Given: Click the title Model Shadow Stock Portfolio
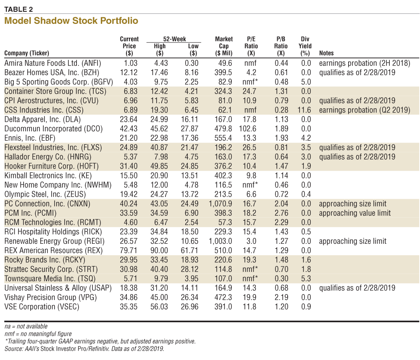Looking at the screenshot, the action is point(71,21).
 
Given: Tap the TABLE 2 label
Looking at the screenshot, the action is point(18,9).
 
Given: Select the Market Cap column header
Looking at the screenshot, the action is point(224,46).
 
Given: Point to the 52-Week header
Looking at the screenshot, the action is point(174,39).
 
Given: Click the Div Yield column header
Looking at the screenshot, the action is point(305,46).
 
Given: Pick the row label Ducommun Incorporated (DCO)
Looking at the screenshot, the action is point(54,129).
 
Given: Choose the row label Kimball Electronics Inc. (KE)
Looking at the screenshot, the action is point(48,175).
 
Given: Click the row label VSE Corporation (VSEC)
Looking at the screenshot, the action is point(42,307).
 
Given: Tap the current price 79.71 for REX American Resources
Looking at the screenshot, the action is point(129,250).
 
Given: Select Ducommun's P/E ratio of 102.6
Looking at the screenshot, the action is point(247,129).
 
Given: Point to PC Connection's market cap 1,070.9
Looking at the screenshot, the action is point(220,203).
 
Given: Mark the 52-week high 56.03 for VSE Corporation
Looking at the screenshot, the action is point(159,307).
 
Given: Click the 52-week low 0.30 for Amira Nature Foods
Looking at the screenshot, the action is point(192,63).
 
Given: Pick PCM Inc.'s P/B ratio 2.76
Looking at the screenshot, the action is point(281,213).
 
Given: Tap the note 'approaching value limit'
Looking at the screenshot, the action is point(354,213).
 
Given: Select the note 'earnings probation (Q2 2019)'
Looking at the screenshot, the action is point(365,110).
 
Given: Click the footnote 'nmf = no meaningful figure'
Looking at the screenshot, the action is point(38,334).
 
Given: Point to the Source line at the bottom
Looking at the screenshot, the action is point(84,349).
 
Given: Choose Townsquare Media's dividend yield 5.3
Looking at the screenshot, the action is point(306,279).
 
